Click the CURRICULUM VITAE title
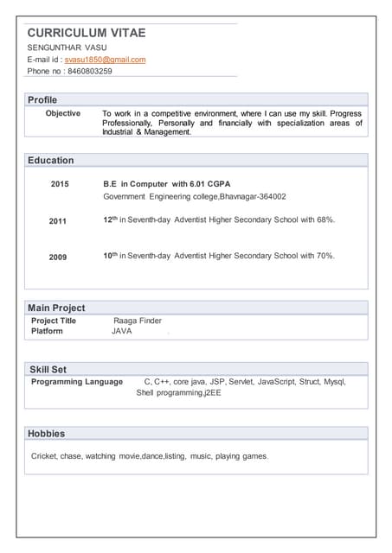pyautogui.click(x=87, y=33)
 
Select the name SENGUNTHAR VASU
pyautogui.click(x=67, y=47)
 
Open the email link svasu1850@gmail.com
pyautogui.click(x=105, y=60)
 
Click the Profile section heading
pyautogui.click(x=42, y=100)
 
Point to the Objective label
pyautogui.click(x=63, y=113)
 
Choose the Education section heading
pyautogui.click(x=51, y=161)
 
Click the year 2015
pyautogui.click(x=60, y=184)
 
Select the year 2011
pyautogui.click(x=58, y=221)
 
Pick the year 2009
pyautogui.click(x=58, y=257)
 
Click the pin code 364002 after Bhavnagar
pyautogui.click(x=272, y=197)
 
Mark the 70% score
pyautogui.click(x=325, y=257)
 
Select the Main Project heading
pyautogui.click(x=56, y=308)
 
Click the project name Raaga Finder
pyautogui.click(x=138, y=321)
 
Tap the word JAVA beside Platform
pyautogui.click(x=121, y=331)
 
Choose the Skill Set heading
pyautogui.click(x=48, y=370)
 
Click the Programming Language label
pyautogui.click(x=77, y=382)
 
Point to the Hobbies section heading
pyautogui.click(x=47, y=434)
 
